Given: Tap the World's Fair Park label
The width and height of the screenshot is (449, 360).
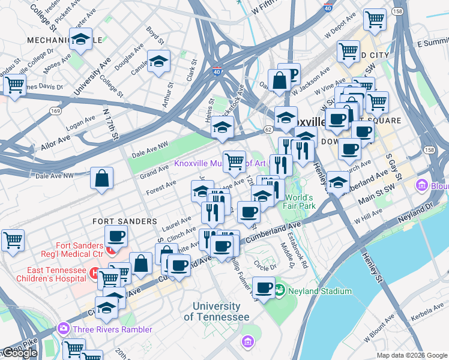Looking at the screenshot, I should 300,203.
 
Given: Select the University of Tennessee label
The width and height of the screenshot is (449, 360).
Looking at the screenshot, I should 216,312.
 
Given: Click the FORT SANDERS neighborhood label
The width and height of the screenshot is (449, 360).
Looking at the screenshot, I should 125,221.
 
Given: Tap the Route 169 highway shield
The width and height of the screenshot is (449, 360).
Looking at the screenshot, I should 56,111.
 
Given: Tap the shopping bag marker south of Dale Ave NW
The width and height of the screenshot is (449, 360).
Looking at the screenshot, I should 102,178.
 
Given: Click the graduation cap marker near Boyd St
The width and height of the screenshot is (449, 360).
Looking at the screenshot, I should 159,62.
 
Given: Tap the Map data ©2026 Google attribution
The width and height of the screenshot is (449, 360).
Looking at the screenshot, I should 412,355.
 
